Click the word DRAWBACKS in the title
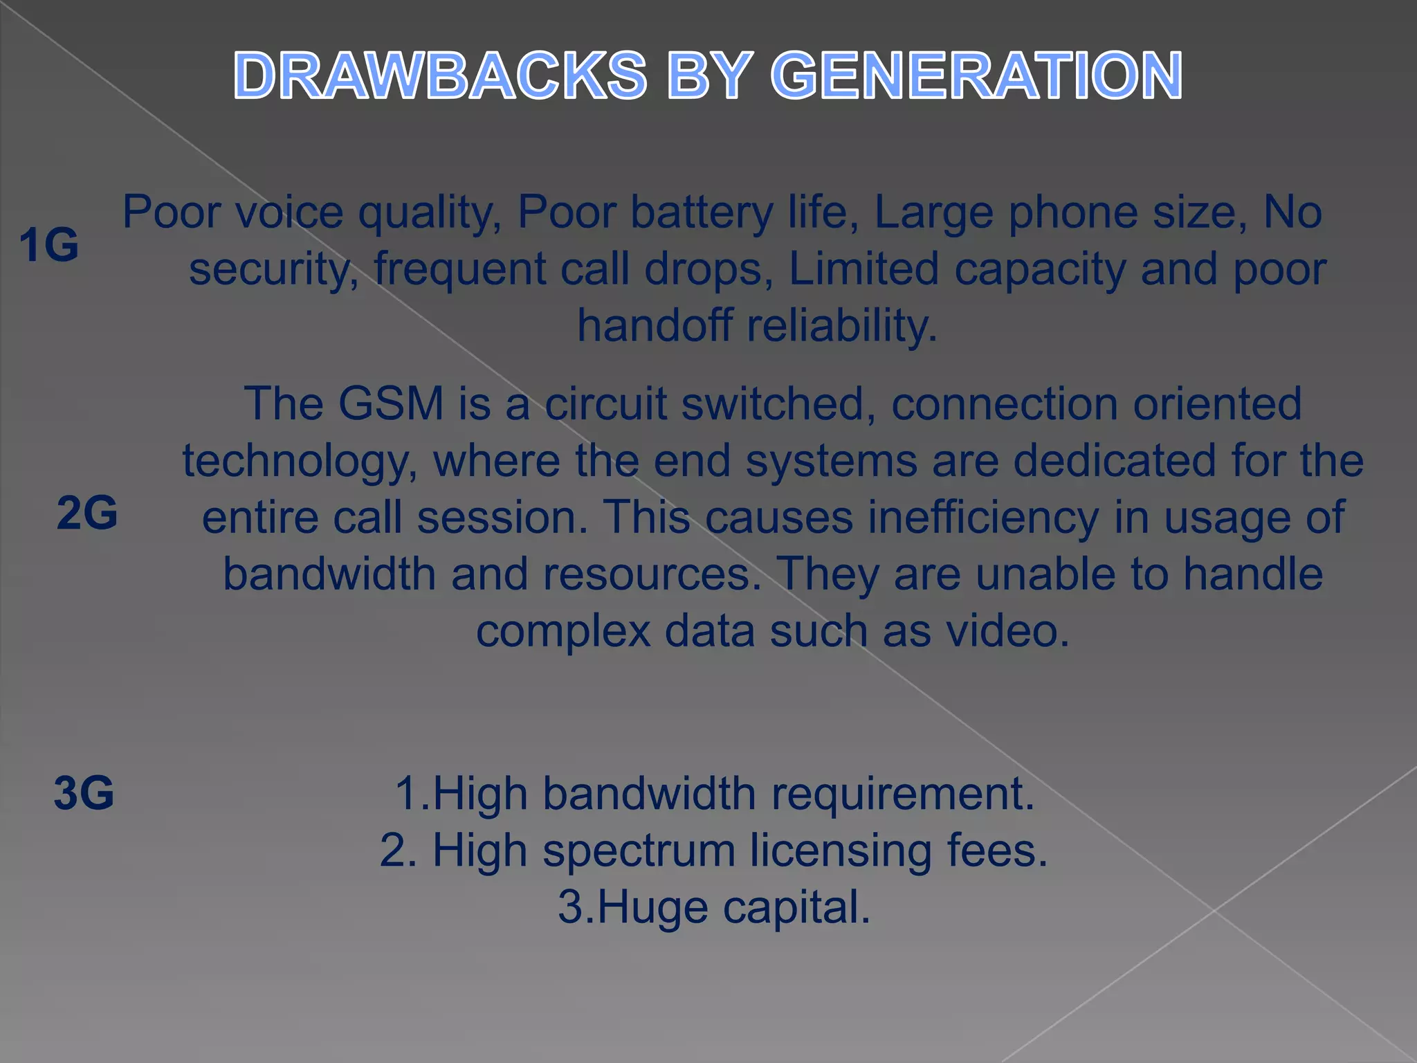coord(440,75)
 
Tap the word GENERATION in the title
coord(976,75)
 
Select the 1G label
coord(48,245)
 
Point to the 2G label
coord(87,513)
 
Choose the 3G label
coord(84,792)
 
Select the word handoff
coord(655,326)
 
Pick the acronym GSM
coord(391,403)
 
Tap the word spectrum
coord(639,851)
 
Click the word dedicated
coord(1115,461)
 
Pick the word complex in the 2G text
coord(563,631)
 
